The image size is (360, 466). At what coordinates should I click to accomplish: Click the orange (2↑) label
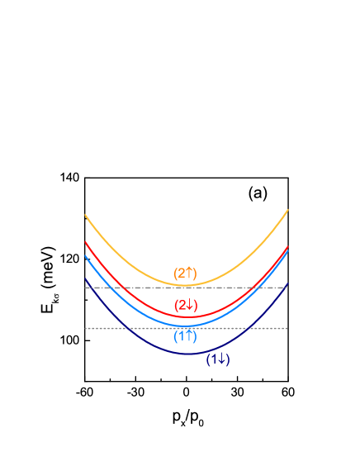coord(185,273)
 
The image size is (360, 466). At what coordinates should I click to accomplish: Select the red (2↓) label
coord(186,305)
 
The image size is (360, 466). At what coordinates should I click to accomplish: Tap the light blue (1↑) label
coord(185,336)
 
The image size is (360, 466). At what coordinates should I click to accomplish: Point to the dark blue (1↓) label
coord(218,359)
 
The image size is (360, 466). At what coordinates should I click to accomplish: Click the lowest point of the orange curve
coord(187,286)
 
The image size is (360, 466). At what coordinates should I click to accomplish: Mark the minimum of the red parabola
coord(187,316)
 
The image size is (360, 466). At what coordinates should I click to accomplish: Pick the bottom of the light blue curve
coord(187,326)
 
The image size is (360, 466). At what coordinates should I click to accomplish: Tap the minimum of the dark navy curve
coord(188,354)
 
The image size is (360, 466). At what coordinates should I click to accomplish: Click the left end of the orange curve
coord(85,215)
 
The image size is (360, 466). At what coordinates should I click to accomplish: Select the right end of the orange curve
coord(288,210)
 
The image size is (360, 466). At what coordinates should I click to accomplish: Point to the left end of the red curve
coord(85,242)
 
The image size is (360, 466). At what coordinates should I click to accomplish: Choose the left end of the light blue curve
coord(85,255)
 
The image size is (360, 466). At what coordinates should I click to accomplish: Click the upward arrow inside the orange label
coord(189,273)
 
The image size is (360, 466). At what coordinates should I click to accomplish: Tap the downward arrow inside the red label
coord(190,305)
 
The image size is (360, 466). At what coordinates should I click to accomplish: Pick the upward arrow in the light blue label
coord(189,336)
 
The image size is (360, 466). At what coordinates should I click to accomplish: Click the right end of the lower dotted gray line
coord(287,328)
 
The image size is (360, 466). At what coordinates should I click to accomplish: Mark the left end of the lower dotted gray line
coord(86,328)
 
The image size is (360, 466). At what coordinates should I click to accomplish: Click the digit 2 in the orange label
coord(181,273)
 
